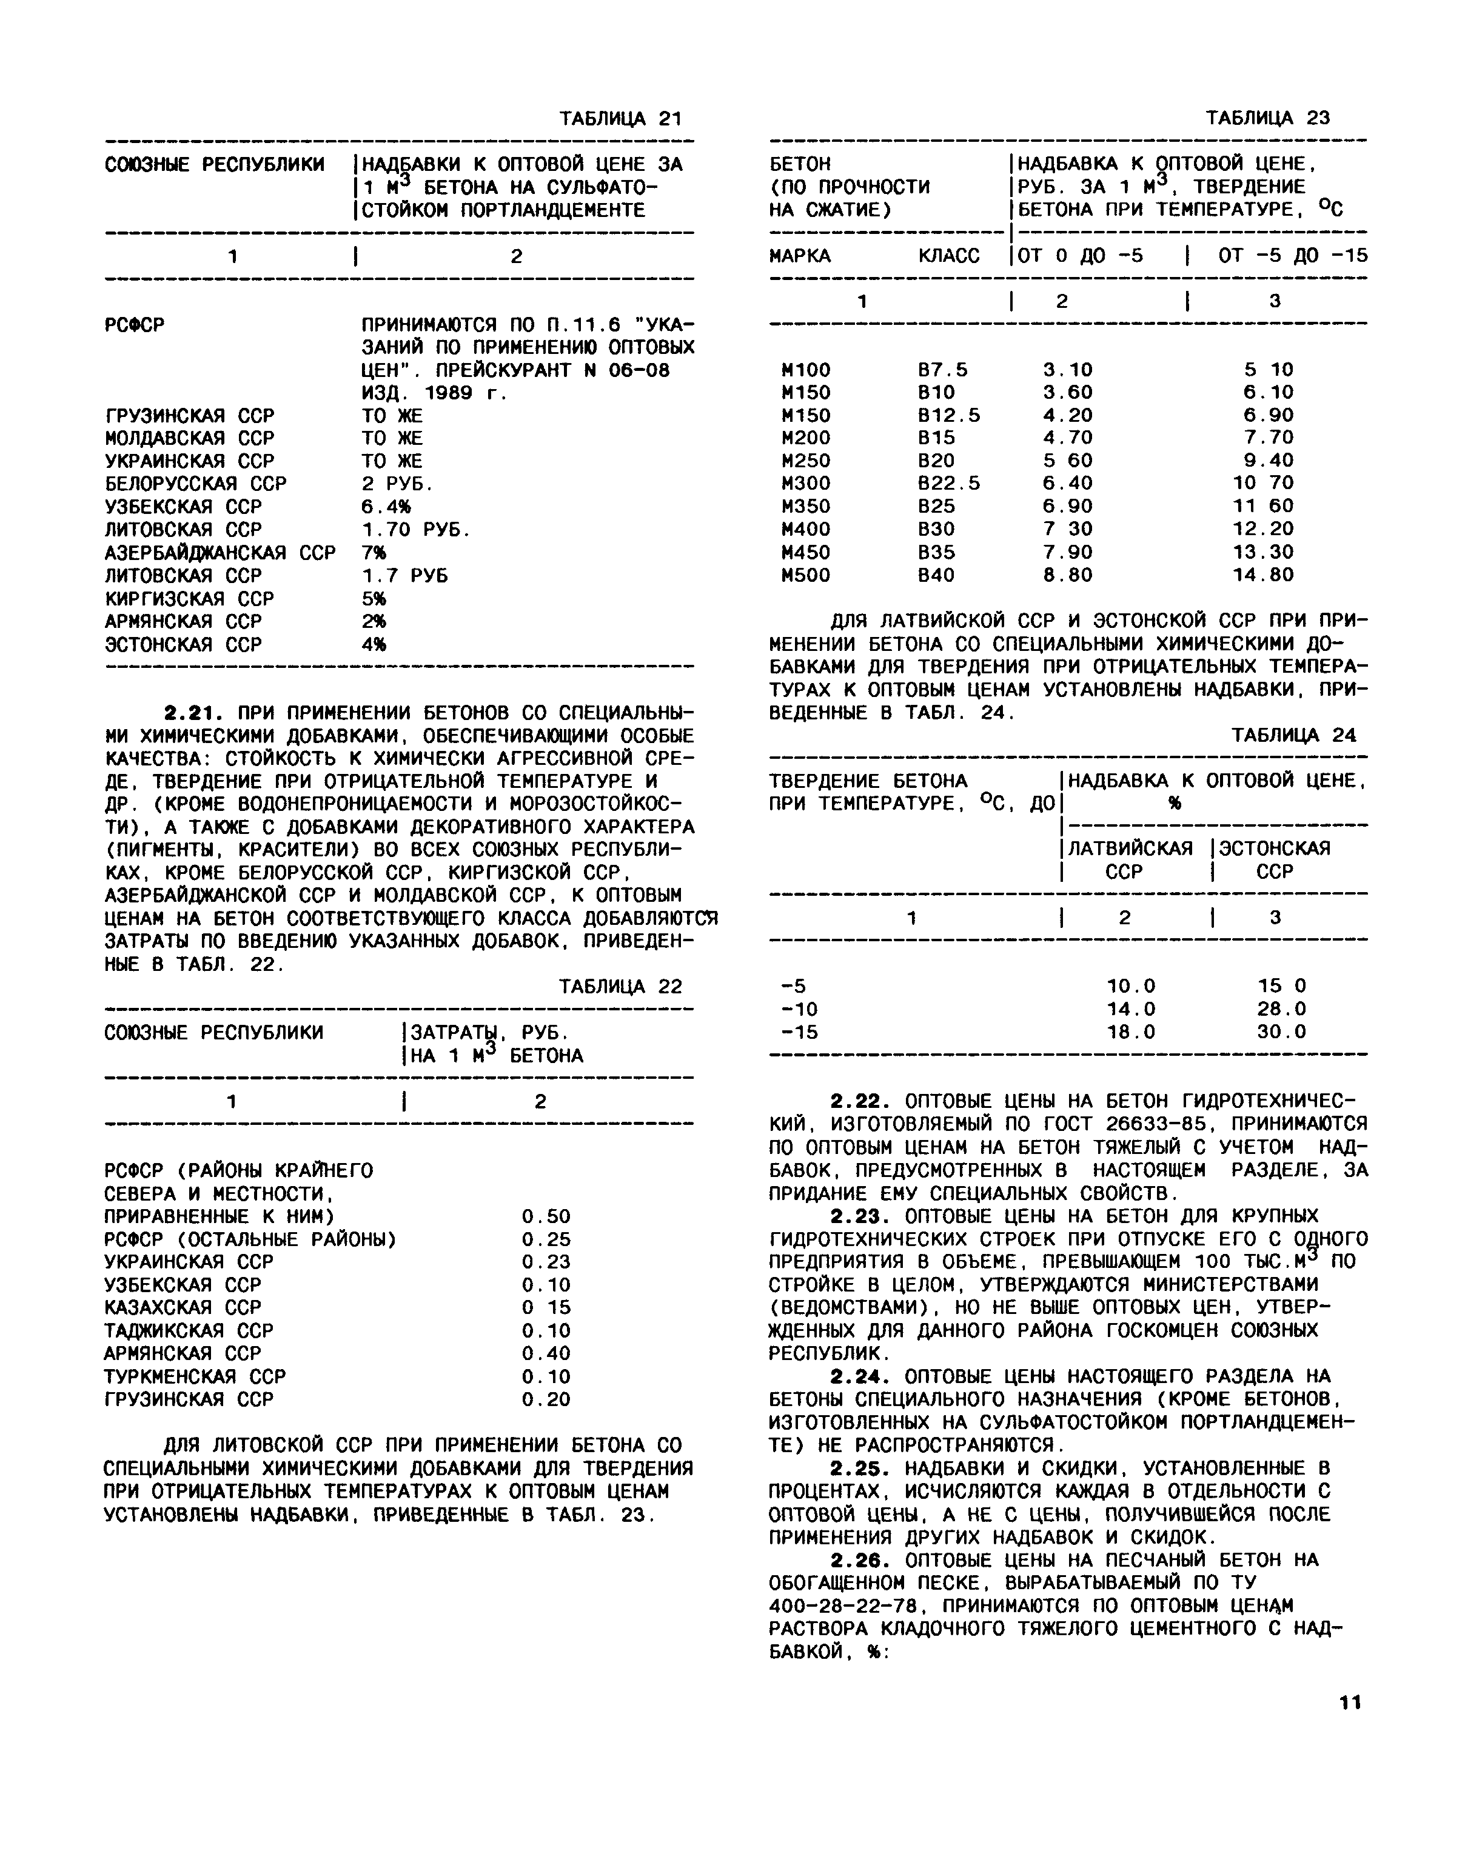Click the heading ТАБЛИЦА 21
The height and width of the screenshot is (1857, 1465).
pyautogui.click(x=620, y=118)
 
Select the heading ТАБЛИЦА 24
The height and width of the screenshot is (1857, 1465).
pyautogui.click(x=1293, y=735)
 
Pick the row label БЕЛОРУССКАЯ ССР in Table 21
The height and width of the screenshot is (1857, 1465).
pyautogui.click(x=196, y=484)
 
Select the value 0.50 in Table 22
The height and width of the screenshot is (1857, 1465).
pyautogui.click(x=546, y=1216)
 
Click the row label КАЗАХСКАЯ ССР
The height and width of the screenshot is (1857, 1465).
pyautogui.click(x=183, y=1307)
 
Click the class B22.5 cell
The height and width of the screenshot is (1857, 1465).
pyautogui.click(x=948, y=484)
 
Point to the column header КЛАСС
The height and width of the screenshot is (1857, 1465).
pyautogui.click(x=948, y=256)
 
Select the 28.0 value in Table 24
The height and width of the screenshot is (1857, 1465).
pyautogui.click(x=1281, y=1009)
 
